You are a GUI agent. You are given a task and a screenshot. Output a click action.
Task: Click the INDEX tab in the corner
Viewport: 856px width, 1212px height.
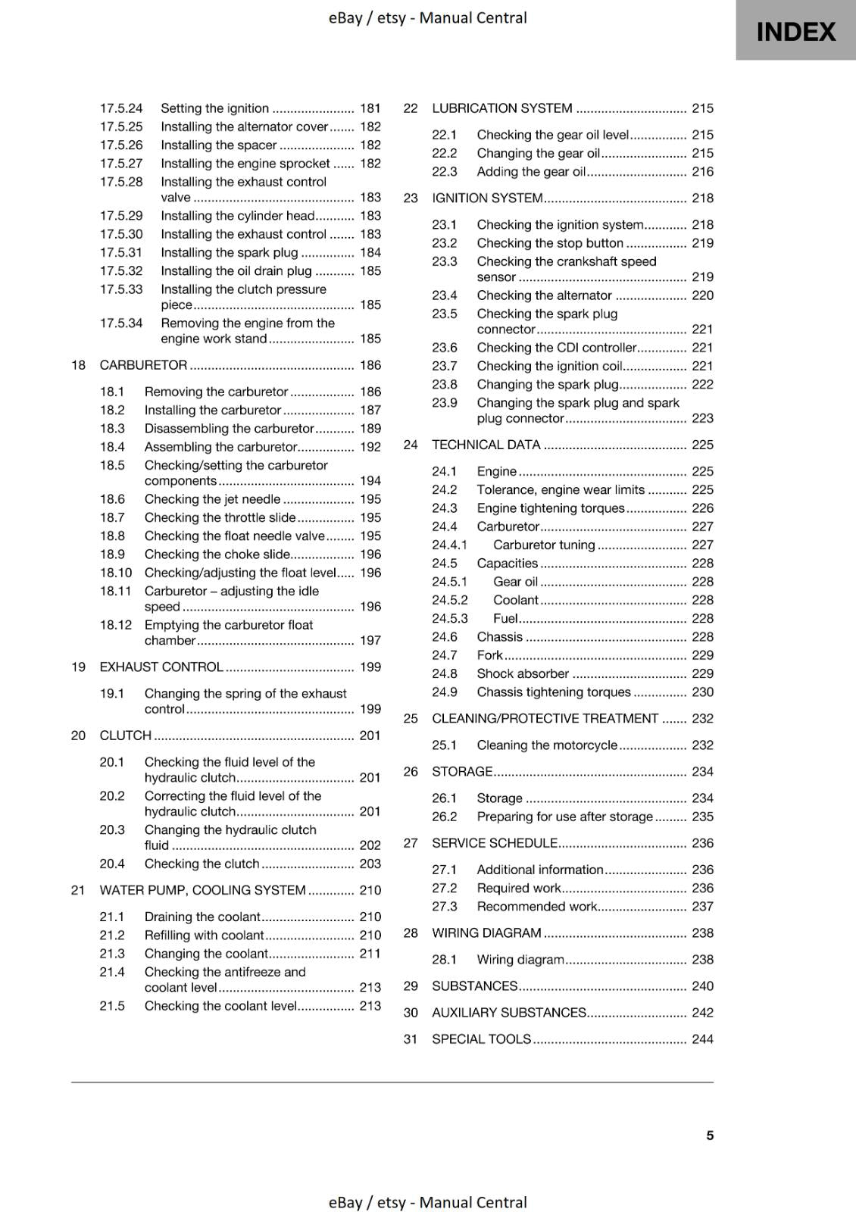795,31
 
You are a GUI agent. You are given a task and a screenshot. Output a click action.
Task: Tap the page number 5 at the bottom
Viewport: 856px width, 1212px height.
710,1135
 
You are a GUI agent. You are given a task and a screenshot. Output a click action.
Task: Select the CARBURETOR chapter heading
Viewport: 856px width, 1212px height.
143,365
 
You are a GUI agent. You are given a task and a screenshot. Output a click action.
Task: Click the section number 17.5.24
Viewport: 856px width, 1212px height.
121,108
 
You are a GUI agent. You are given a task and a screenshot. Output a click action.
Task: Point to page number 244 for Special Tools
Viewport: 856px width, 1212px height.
702,1039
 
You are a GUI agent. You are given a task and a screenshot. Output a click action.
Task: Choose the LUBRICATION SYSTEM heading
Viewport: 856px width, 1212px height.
501,108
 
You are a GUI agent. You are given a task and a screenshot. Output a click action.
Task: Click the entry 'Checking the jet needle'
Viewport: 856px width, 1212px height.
212,499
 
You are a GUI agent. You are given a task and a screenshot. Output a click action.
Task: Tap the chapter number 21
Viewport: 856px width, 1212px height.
78,890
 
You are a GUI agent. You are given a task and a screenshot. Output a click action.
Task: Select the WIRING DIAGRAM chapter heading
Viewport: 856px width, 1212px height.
486,933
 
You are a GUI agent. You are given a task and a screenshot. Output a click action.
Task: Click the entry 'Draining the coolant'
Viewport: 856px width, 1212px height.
202,917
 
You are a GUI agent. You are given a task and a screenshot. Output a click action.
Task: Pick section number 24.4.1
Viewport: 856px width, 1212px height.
450,545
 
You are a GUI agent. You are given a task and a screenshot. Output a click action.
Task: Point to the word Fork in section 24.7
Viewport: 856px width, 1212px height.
489,655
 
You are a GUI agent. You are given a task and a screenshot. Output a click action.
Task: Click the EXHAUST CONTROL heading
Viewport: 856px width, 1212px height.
161,667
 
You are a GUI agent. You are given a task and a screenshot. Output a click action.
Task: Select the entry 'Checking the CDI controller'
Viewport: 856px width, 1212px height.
556,348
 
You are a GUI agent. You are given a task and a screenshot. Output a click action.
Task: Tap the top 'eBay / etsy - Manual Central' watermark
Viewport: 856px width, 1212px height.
427,17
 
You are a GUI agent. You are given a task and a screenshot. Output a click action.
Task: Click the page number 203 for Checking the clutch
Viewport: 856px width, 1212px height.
370,864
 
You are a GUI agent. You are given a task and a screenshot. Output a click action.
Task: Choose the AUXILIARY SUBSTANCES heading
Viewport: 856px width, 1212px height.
508,1013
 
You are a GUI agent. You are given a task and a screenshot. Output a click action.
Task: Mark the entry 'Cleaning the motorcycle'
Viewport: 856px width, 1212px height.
547,745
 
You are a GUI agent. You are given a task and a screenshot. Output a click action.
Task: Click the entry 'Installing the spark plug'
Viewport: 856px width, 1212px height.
229,253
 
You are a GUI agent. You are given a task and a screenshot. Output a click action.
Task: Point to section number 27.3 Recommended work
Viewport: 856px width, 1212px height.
445,907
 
